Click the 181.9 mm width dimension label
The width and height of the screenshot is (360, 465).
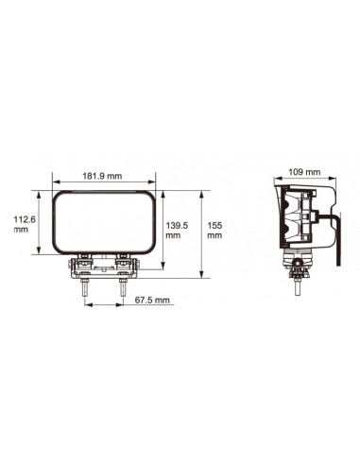[101, 176]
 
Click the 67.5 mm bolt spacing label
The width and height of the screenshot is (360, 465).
[151, 300]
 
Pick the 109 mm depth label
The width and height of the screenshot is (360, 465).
[304, 173]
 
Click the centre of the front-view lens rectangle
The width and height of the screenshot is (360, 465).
[102, 220]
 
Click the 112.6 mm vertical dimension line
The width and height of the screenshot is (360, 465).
[38, 220]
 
